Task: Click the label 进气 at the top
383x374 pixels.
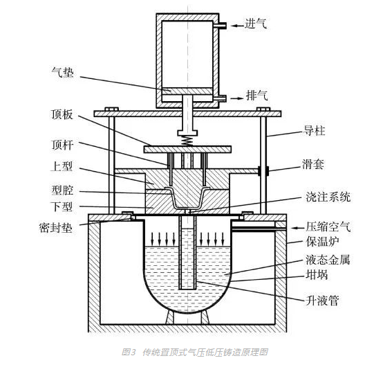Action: (x=256, y=24)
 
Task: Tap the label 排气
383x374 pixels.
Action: (x=256, y=95)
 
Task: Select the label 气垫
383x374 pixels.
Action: (x=62, y=73)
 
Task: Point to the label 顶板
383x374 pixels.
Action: (x=62, y=114)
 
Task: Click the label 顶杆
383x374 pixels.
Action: (x=62, y=145)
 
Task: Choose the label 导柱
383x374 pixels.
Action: (x=315, y=131)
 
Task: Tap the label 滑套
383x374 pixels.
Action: (x=313, y=164)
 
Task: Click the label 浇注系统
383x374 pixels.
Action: (x=328, y=197)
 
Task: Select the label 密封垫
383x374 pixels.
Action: (x=56, y=228)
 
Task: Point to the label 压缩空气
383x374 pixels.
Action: (x=328, y=227)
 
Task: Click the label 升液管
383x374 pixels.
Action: (x=322, y=301)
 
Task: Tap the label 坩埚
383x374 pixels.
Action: (x=317, y=275)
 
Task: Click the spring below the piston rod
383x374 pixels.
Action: (x=187, y=141)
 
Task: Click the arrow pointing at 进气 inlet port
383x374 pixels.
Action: (x=237, y=26)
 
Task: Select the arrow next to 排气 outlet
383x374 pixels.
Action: (x=237, y=98)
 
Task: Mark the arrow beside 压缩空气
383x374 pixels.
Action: (x=298, y=228)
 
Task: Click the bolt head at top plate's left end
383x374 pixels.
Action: (x=111, y=109)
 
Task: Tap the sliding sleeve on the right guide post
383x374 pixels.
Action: (x=263, y=171)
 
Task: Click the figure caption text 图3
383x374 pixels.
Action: (x=128, y=353)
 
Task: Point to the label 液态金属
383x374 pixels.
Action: (x=328, y=260)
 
